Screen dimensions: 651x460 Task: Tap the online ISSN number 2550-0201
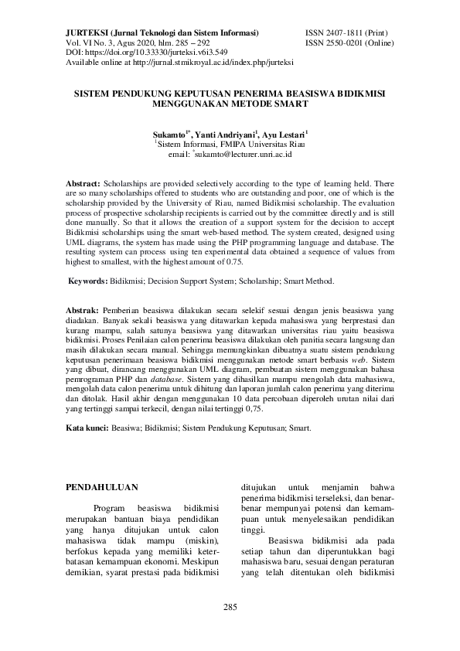[346, 43]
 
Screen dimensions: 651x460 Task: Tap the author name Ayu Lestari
[285, 134]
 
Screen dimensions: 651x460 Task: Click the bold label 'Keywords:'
[92, 281]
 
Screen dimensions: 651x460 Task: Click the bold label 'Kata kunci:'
[87, 427]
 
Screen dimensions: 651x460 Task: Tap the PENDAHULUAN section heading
[102, 488]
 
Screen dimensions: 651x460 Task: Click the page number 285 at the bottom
[230, 606]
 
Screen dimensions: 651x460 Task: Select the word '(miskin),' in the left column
[201, 541]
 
